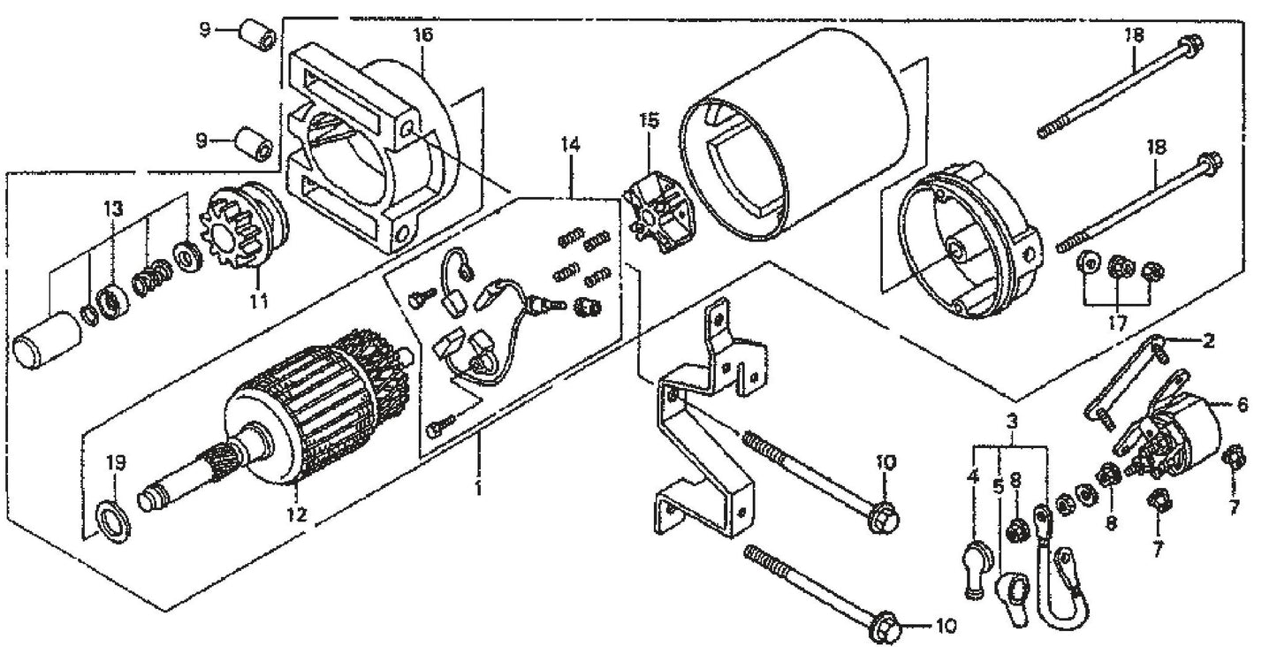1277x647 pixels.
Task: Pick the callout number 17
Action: pyautogui.click(x=1117, y=323)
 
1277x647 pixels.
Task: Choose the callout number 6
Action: pyautogui.click(x=1243, y=405)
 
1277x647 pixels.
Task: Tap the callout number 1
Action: pyautogui.click(x=478, y=488)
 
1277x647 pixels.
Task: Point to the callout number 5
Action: pyautogui.click(x=998, y=487)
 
